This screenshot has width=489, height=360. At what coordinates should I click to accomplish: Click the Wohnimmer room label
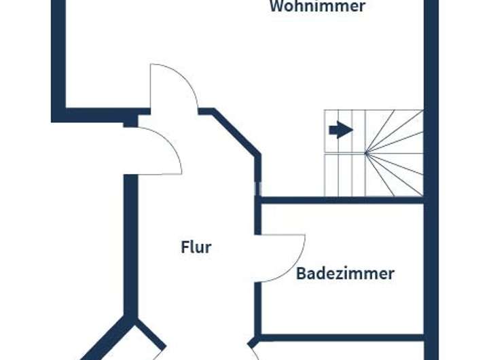pos(317,7)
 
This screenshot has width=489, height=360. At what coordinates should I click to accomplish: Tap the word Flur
pos(196,247)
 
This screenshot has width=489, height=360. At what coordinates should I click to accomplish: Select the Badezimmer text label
pos(345,274)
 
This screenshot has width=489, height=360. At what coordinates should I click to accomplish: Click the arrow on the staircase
pos(340,130)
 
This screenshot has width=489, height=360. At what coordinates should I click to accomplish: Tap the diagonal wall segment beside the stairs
pos(238,133)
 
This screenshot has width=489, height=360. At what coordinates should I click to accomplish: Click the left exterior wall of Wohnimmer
pos(58,54)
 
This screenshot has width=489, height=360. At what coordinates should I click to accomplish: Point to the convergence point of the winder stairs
pos(367,154)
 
